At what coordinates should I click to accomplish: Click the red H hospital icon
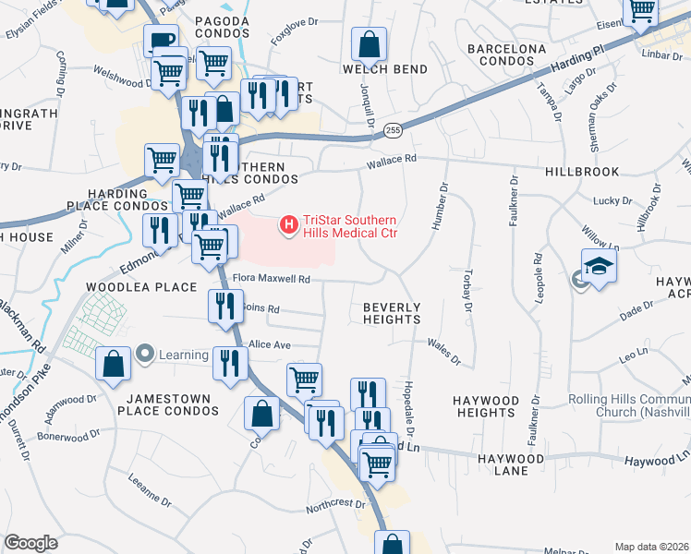click(x=289, y=223)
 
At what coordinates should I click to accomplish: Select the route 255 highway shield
click(x=393, y=130)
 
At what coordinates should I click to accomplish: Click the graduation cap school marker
click(x=599, y=267)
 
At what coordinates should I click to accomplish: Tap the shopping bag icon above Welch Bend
click(x=369, y=43)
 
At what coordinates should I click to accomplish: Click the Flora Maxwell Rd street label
click(x=270, y=278)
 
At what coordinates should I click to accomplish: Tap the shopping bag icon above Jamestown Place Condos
click(x=113, y=364)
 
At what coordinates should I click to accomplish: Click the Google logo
click(x=30, y=543)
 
